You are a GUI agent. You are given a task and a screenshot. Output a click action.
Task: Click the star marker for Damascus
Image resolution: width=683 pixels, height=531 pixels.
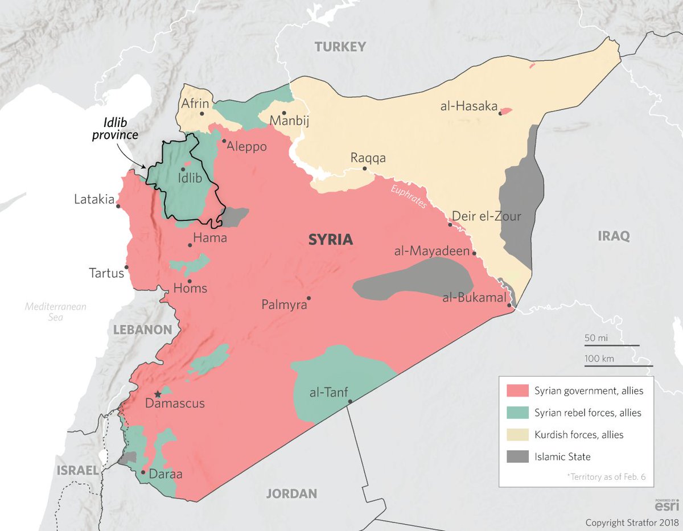pyautogui.click(x=158, y=394)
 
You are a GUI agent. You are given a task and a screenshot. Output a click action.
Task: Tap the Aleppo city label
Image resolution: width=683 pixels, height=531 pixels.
pyautogui.click(x=247, y=146)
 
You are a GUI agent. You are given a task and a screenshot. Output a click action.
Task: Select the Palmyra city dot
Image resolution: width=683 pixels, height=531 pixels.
pyautogui.click(x=309, y=298)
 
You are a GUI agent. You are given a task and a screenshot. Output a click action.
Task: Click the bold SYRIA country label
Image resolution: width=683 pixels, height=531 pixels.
pyautogui.click(x=330, y=240)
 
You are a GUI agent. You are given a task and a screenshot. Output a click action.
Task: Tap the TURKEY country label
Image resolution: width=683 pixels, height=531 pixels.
pyautogui.click(x=340, y=47)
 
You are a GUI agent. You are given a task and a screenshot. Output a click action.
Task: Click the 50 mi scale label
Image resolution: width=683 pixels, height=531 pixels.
pyautogui.click(x=596, y=338)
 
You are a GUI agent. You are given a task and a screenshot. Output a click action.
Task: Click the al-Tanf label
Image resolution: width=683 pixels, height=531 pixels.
pyautogui.click(x=328, y=392)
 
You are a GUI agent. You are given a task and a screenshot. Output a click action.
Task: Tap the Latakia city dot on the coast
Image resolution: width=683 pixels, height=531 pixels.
pyautogui.click(x=118, y=206)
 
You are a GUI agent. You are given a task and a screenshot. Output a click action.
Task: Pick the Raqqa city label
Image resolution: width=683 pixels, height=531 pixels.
pyautogui.click(x=368, y=158)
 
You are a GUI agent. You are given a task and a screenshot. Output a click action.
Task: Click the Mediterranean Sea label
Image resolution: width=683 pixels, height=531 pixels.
pyautogui.click(x=55, y=312)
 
